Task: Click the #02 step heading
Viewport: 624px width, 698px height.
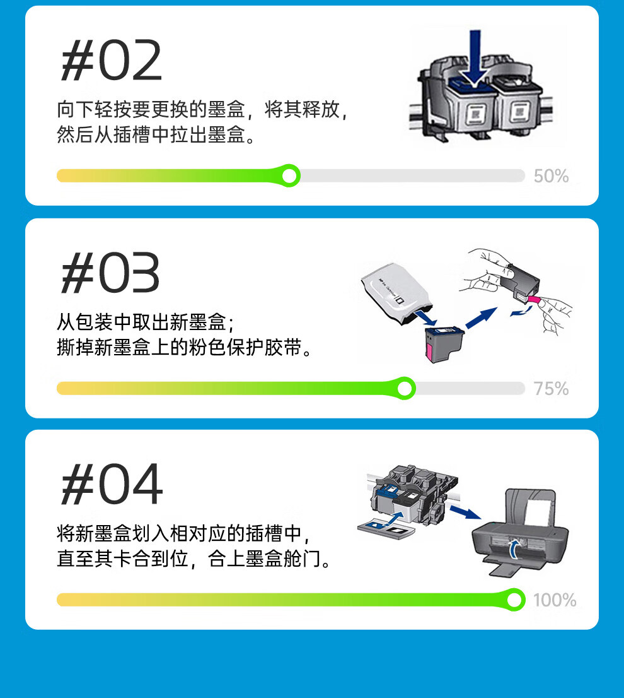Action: click(x=111, y=61)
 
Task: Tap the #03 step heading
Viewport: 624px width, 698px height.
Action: click(x=110, y=273)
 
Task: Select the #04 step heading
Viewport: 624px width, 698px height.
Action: click(x=112, y=484)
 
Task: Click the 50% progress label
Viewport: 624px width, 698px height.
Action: click(x=551, y=176)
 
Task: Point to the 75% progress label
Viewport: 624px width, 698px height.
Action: click(x=551, y=389)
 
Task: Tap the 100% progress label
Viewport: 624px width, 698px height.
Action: click(x=555, y=600)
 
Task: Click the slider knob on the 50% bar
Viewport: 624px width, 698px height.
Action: click(x=290, y=176)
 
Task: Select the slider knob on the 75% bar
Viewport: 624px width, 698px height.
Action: click(x=405, y=388)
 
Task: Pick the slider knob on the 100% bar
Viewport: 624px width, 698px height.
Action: click(x=514, y=600)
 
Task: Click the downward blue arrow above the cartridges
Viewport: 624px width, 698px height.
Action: click(x=475, y=58)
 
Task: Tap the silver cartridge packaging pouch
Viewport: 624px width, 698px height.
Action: click(x=396, y=292)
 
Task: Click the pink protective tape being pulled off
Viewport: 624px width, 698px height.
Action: click(x=536, y=300)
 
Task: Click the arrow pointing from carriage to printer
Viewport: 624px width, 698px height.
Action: click(x=465, y=512)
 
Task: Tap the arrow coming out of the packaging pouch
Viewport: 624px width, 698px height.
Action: click(x=426, y=318)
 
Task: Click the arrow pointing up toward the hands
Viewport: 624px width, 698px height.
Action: click(x=481, y=317)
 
